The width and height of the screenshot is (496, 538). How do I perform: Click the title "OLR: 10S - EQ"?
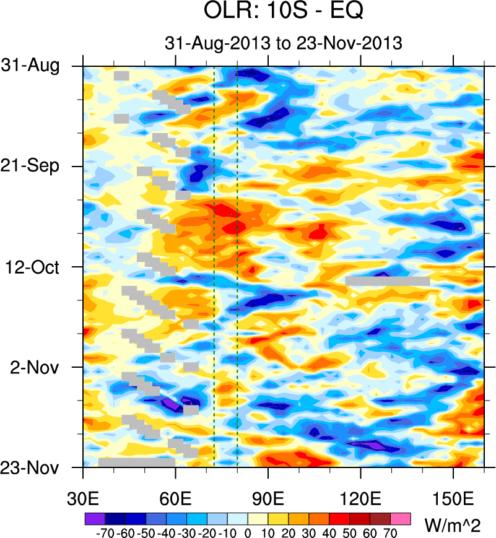283,12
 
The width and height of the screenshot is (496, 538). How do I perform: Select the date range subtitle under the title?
284,43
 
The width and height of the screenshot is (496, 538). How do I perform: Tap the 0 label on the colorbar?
248,531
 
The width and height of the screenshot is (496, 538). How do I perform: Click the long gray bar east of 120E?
387,281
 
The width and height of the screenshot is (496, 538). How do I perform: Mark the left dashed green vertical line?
214,266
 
